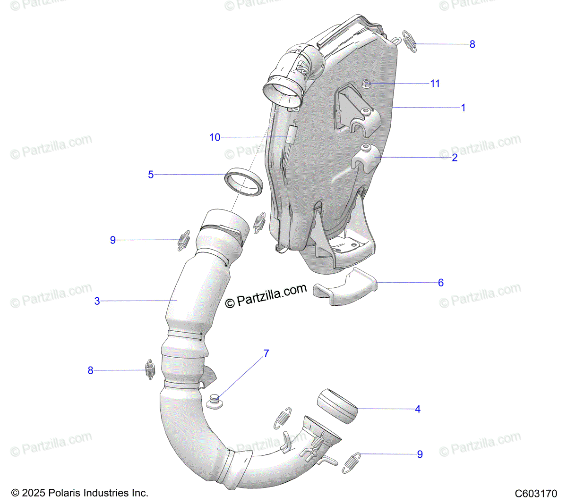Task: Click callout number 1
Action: coord(463,108)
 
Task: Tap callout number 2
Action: coord(455,158)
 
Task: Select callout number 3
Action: coord(97,301)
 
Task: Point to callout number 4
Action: coord(417,409)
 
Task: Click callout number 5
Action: coord(151,175)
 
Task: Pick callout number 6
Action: coord(440,283)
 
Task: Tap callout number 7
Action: coord(266,353)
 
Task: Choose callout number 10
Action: coord(215,137)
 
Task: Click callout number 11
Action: coord(435,84)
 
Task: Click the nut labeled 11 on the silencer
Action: coord(366,84)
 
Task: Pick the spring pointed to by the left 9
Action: coord(183,240)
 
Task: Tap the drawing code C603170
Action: coord(536,494)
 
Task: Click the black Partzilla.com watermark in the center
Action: coord(266,296)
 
